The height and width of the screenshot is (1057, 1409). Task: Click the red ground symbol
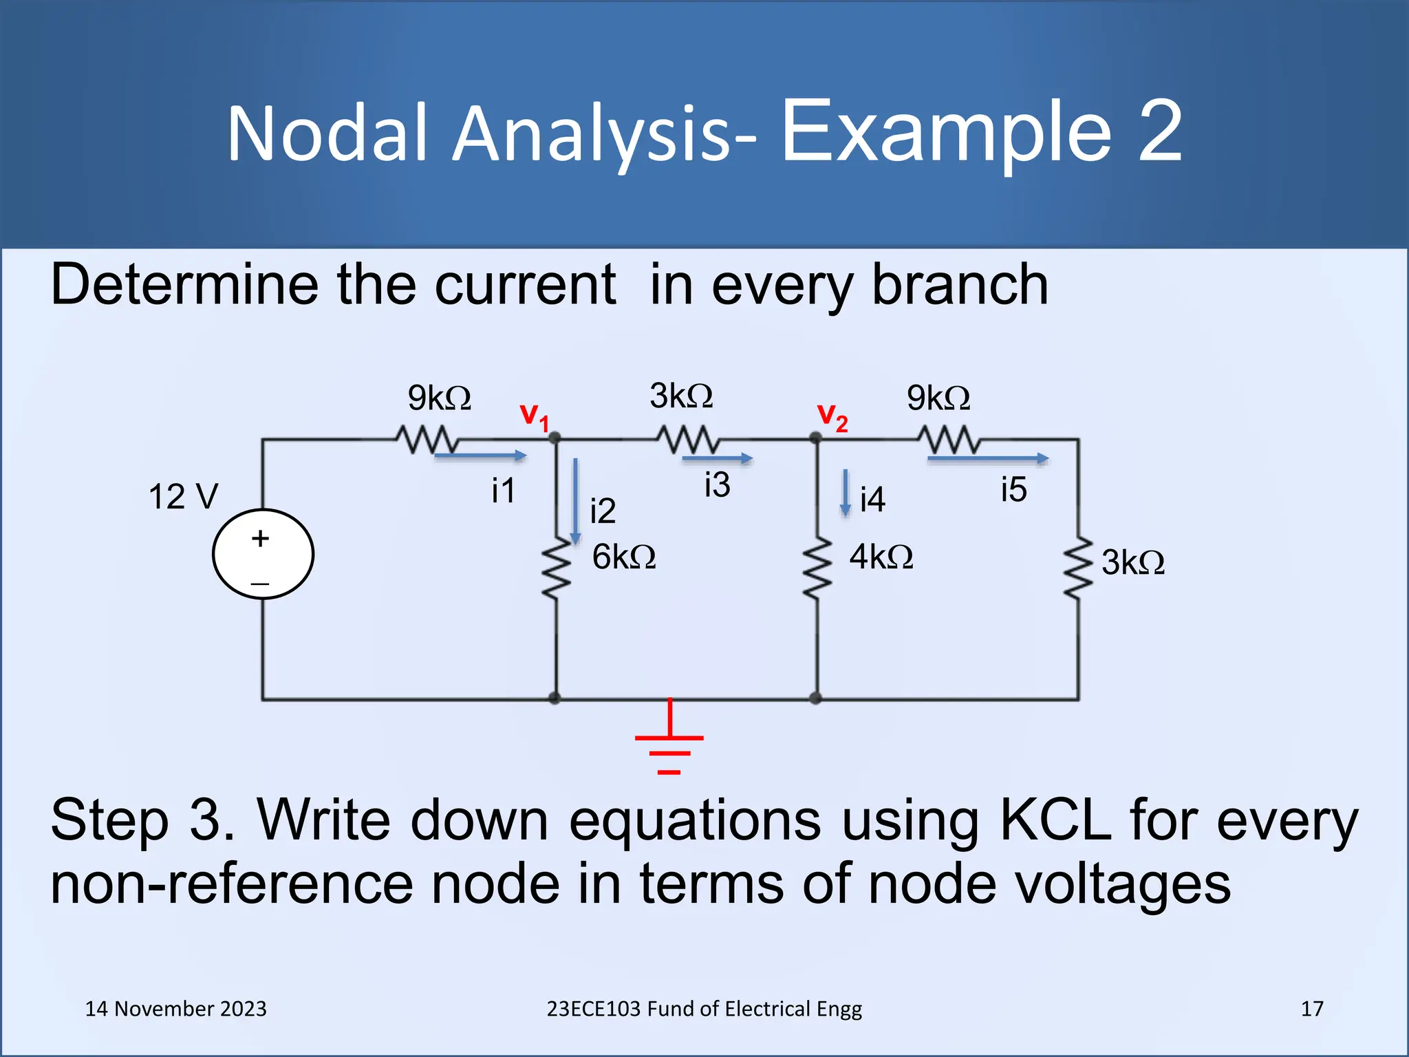click(669, 740)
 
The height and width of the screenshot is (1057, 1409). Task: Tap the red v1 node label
click(534, 416)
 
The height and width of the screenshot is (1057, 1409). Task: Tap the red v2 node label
click(832, 416)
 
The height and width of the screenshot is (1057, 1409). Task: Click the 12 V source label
click(183, 496)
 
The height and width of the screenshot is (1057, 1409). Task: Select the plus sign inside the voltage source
click(260, 538)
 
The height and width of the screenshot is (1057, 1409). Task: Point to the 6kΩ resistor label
click(624, 557)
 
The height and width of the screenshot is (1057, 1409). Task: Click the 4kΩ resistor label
click(881, 557)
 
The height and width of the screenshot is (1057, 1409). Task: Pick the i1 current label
click(503, 491)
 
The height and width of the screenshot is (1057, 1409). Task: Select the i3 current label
click(717, 484)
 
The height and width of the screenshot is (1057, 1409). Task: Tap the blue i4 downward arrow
click(846, 493)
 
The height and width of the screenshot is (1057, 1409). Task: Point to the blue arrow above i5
click(987, 458)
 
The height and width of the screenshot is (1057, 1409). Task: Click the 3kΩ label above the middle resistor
click(681, 396)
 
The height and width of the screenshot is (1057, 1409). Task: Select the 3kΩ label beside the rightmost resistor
click(1132, 562)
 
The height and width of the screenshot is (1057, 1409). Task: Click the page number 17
click(1312, 1009)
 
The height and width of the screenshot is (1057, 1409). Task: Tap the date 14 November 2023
click(175, 1009)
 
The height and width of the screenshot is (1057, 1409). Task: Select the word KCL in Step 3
click(1055, 820)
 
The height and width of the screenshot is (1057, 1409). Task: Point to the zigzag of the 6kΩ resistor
click(556, 568)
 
